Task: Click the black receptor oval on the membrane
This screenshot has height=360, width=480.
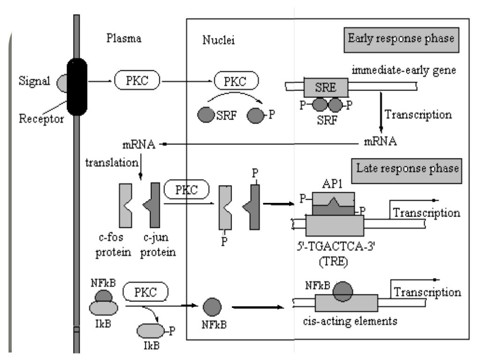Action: point(77,86)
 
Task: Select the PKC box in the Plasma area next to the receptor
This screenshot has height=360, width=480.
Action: point(137,81)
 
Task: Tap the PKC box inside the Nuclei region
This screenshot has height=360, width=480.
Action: point(236,81)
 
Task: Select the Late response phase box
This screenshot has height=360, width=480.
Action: point(406,167)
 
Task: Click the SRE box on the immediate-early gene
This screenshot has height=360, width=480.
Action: point(326,87)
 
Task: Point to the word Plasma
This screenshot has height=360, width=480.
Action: point(124,39)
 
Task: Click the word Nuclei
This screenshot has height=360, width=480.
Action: point(219,40)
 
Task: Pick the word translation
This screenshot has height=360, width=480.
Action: point(112,163)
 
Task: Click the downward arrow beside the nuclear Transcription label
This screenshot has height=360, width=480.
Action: point(381,115)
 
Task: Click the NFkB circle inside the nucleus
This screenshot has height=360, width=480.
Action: point(214,308)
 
